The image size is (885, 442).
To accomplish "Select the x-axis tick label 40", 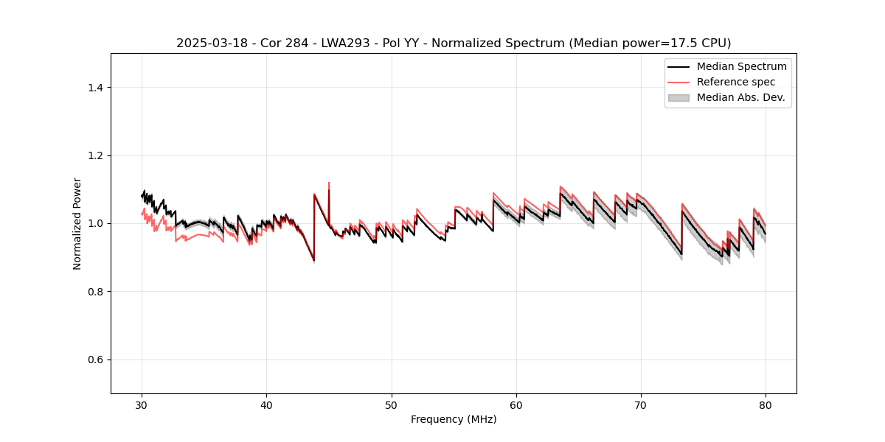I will coord(267,404).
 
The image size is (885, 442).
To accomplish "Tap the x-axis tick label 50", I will coord(392,404).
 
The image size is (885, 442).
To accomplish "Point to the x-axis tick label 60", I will coord(516,404).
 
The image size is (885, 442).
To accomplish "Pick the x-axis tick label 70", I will coord(641,404).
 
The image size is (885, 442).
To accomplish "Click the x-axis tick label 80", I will coord(766,404).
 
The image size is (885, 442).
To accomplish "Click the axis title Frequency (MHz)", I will coord(454,419).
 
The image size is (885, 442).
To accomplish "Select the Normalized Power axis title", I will coord(77,223).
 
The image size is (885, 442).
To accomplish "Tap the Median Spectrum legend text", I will coord(741,66).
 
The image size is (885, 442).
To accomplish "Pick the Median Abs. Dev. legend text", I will coord(740,97).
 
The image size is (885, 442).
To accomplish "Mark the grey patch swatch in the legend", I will coord(678,97).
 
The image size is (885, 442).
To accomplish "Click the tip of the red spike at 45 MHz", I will coord(329,183).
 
